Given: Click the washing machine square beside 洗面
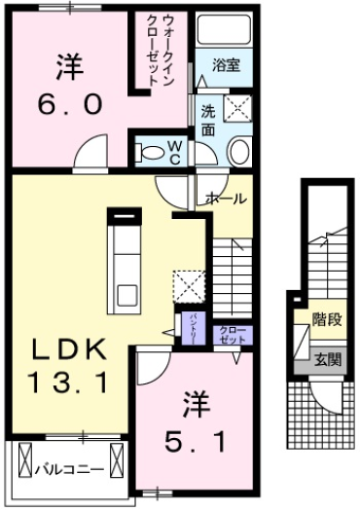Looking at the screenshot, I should click(x=236, y=106).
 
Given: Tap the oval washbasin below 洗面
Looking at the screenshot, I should click(x=238, y=150).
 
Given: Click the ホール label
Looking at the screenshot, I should click(x=226, y=198).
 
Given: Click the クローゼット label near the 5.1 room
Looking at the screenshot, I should click(x=232, y=335).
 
